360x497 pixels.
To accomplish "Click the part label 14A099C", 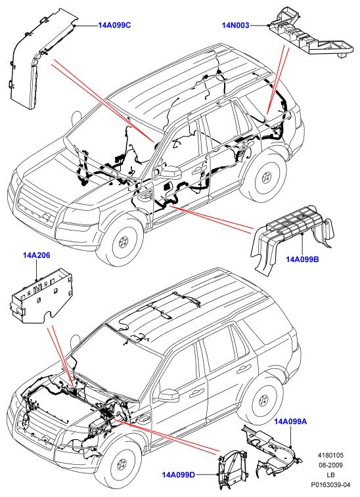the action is coord(114,26).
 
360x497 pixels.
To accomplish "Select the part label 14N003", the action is coord(235,26).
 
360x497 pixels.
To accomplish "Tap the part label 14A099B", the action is coord(302,259).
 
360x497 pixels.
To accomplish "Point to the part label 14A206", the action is coord(37,255).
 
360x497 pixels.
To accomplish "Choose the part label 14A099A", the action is coord(290,421).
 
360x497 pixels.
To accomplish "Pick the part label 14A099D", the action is coord(179,475).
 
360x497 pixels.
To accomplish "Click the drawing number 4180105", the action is coord(331,456).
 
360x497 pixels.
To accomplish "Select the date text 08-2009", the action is coord(331,465).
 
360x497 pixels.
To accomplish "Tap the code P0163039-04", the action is coord(331,485).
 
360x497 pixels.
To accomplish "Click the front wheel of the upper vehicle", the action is coord(123,242).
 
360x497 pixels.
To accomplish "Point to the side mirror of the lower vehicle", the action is coord(168,396).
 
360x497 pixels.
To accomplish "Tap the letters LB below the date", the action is coord(331,475).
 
